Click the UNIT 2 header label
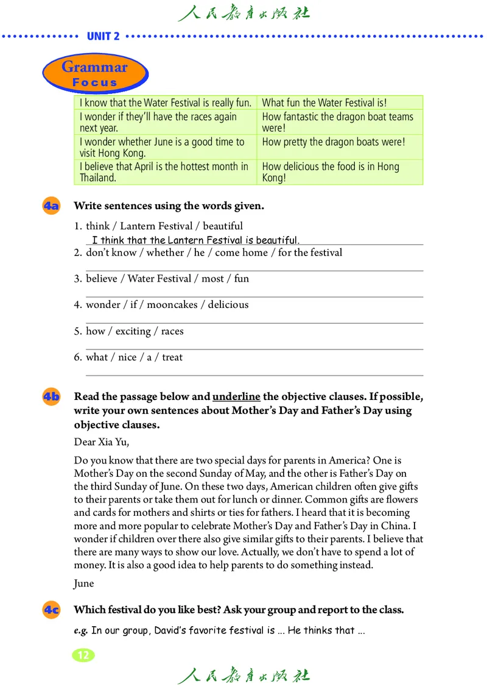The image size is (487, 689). tap(103, 36)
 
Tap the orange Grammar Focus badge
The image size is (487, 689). tap(95, 74)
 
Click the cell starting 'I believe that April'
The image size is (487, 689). tap(165, 172)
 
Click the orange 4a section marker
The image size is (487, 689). tap(51, 206)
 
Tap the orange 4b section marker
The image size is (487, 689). tap(51, 397)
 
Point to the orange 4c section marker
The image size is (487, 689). tap(51, 610)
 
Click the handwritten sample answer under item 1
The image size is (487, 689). tap(195, 240)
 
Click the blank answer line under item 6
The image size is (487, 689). tap(254, 374)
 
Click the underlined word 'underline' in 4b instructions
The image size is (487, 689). tap(236, 396)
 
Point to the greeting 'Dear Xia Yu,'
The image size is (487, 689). tap(102, 441)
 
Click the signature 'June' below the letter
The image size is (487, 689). tap(84, 584)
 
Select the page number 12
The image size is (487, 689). tap(83, 655)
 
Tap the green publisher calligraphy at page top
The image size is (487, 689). tap(243, 13)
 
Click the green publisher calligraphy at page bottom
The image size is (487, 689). tap(243, 675)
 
